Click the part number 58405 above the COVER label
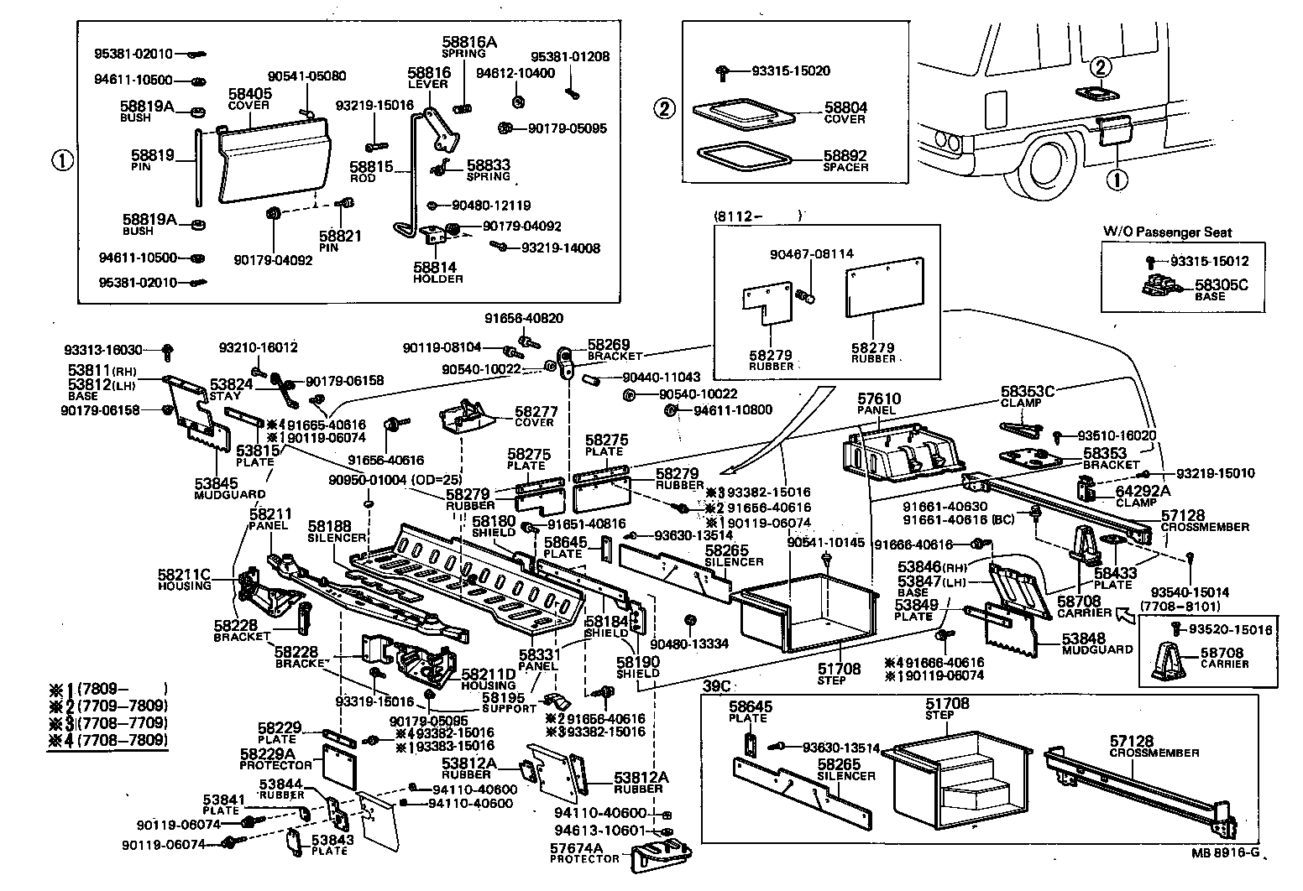[x=249, y=94]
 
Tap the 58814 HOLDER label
[x=437, y=273]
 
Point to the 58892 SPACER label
[x=845, y=161]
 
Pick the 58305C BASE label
[x=1221, y=289]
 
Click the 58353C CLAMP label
[x=1027, y=395]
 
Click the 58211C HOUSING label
[x=184, y=579]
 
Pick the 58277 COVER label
[x=536, y=416]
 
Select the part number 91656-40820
[x=524, y=319]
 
